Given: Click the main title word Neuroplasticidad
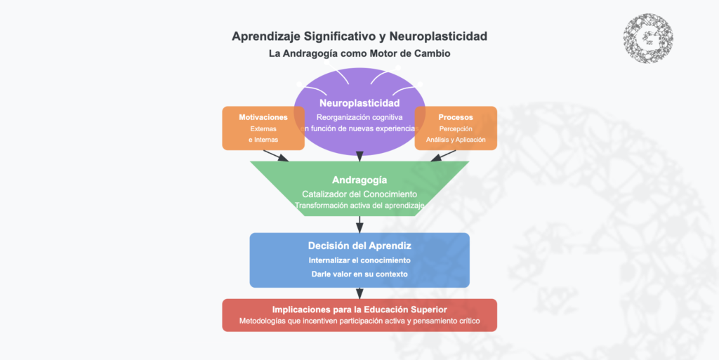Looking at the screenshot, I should coord(433,36).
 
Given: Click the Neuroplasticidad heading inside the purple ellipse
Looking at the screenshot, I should coord(359,103).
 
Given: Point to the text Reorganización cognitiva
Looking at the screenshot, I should coord(359,116).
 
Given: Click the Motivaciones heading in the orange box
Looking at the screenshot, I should coord(263,117).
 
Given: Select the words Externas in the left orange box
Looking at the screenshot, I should coord(263,129).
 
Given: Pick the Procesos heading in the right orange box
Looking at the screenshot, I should coord(456,117).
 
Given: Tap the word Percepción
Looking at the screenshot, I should coord(456,129).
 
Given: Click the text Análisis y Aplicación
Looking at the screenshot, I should coord(456,140).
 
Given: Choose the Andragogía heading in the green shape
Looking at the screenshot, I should coord(359,180).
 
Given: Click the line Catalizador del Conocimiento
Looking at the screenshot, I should coord(359,194).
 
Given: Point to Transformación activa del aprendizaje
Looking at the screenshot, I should coord(359,206).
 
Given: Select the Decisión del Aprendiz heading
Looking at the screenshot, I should coord(359,246).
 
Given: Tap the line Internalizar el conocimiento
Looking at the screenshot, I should coord(359,260).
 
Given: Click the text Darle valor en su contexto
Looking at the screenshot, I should coord(359,274).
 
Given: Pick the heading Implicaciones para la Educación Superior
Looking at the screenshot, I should coord(359,309).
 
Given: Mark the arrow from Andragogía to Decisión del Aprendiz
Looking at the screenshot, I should coord(359,225).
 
